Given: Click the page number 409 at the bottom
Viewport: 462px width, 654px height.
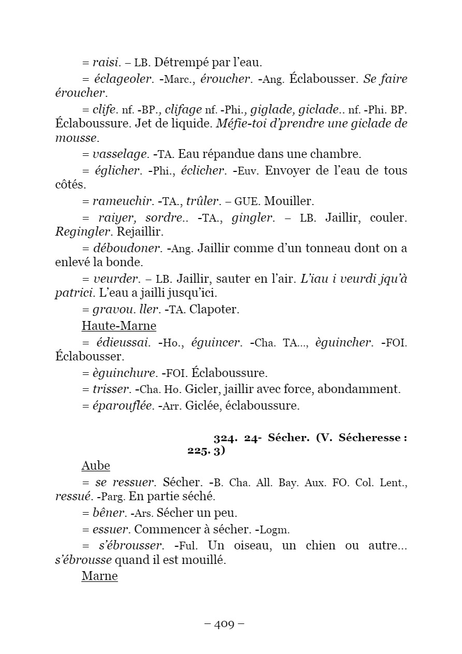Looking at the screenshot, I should [x=224, y=624].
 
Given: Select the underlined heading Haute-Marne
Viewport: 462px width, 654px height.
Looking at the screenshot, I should [x=119, y=326].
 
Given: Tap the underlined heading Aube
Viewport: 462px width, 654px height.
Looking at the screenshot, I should [x=96, y=466].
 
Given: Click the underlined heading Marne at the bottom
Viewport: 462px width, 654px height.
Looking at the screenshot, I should [x=99, y=576].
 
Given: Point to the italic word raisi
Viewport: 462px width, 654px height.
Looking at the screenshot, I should [x=106, y=63].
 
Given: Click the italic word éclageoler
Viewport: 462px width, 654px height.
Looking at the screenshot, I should [x=124, y=79].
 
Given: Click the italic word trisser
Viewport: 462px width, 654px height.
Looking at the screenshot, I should [x=111, y=389].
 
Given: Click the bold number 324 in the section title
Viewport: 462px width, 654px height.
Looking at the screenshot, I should [x=225, y=438].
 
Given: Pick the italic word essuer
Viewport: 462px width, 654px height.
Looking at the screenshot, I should [x=110, y=530].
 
